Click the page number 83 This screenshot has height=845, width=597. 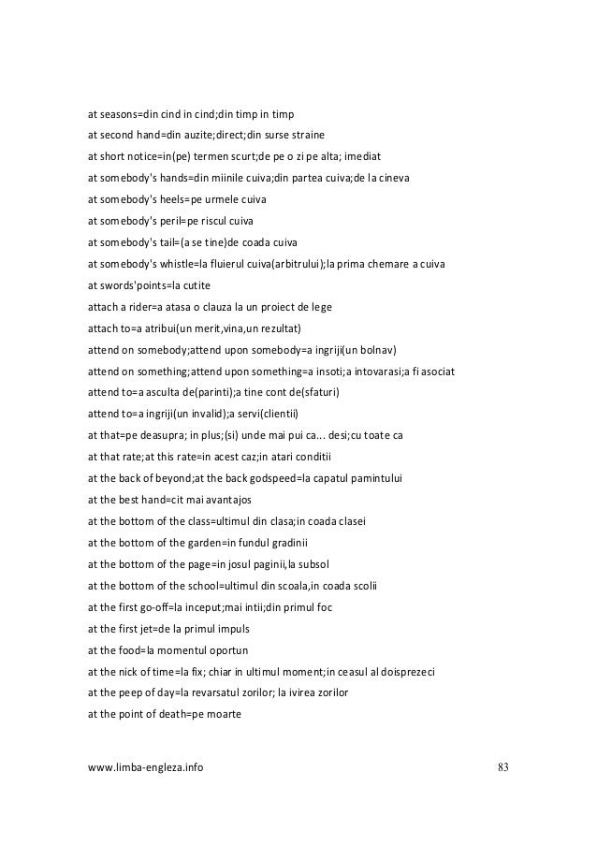click(x=502, y=768)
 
